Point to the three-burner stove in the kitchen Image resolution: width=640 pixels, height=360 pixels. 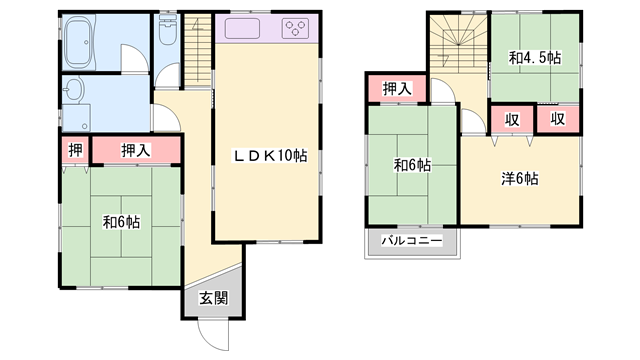point(297,28)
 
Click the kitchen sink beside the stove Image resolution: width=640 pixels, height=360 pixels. point(245,28)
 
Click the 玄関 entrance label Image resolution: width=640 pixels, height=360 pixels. point(211,297)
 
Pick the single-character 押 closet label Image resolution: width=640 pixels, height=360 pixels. point(75,150)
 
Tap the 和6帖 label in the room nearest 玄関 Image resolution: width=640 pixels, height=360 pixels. point(121,223)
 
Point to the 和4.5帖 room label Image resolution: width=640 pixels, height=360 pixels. point(534,59)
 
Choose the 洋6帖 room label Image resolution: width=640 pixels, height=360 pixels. point(520,180)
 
